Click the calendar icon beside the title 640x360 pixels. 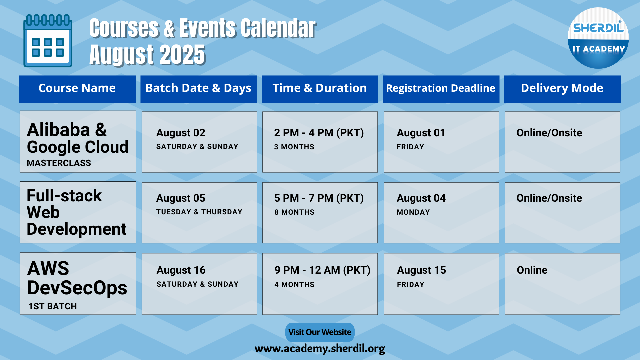coord(48,41)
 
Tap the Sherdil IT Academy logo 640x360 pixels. coord(598,38)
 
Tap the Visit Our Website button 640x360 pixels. coord(320,332)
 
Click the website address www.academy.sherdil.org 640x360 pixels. coord(320,348)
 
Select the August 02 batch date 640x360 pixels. coord(181,133)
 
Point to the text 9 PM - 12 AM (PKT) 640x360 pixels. coord(322,270)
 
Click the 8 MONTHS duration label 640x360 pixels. coord(294,212)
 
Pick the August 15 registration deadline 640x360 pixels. coord(421,270)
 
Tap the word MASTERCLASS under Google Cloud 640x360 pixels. coord(59,163)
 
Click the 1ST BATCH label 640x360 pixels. coord(53,306)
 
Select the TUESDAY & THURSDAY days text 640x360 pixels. coord(199,212)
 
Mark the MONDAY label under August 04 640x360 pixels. coord(413,212)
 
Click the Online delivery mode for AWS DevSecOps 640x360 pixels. coord(532,270)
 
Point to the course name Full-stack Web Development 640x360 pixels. coord(77,212)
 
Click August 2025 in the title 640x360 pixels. coord(147,55)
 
